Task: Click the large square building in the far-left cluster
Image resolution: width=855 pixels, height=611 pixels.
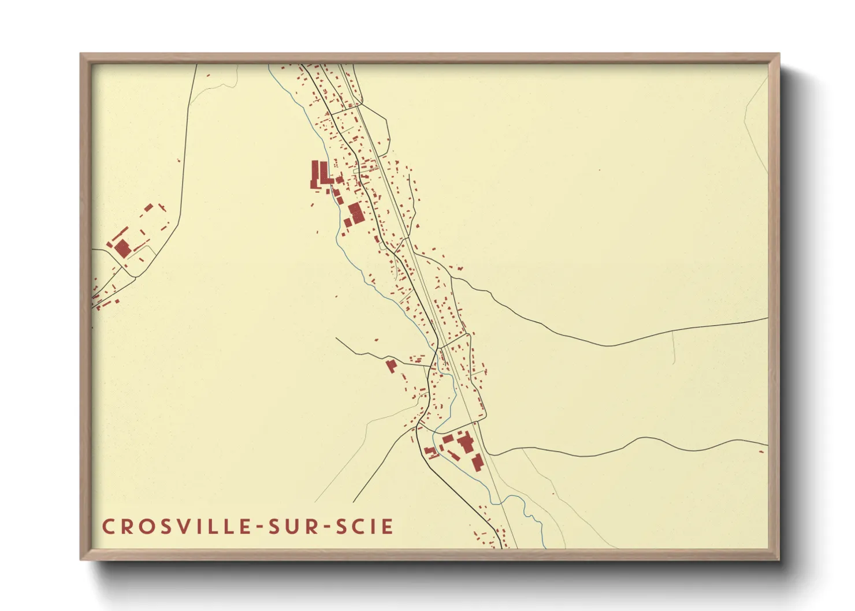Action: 122,249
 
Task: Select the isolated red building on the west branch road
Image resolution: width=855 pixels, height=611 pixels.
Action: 391,366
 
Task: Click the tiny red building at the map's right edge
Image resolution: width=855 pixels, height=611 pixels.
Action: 761,452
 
